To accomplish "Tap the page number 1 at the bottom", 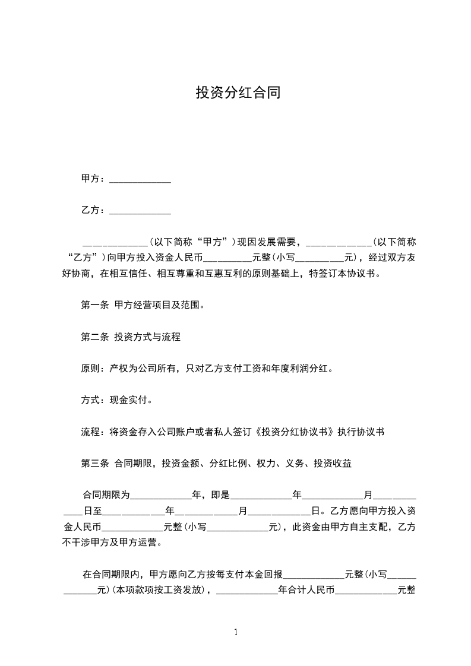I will (236, 632).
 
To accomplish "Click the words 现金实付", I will (128, 401).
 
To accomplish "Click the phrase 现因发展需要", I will (268, 242).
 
